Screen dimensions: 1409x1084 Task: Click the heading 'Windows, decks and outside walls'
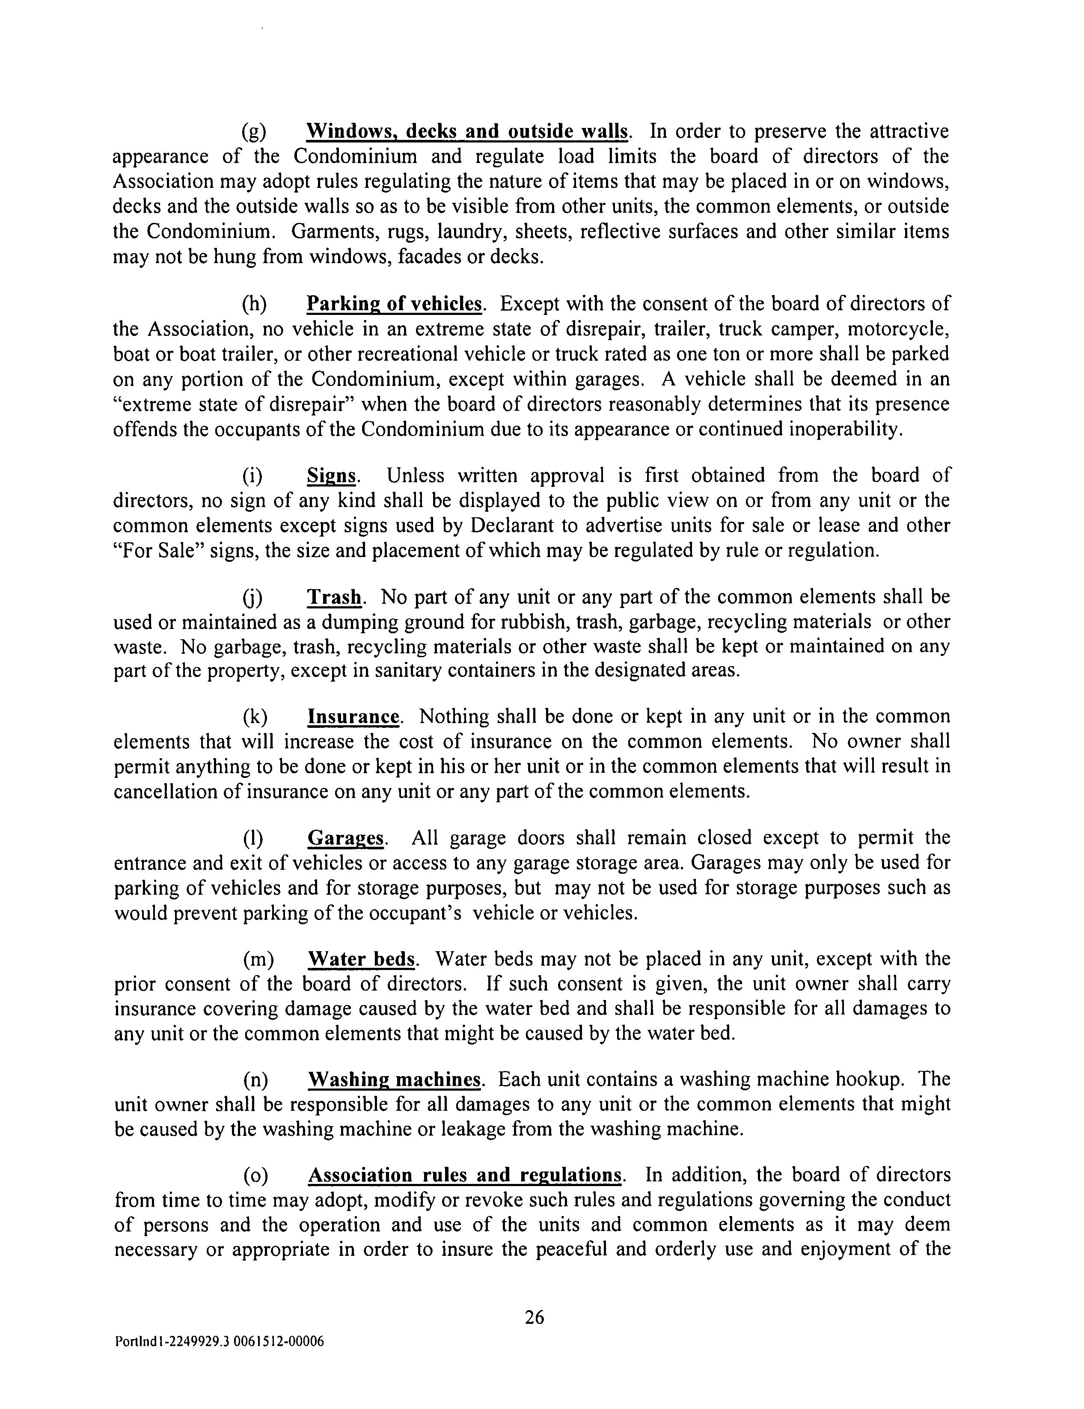pos(466,132)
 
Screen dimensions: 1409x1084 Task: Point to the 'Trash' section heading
pos(334,597)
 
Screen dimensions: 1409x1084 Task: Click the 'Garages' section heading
pos(346,838)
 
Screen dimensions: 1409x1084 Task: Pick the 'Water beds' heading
pos(362,959)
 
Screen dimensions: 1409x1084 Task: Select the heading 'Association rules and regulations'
pos(465,1175)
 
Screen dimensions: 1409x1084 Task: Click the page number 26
pos(534,1317)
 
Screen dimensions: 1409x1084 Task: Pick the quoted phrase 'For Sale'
pos(155,551)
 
